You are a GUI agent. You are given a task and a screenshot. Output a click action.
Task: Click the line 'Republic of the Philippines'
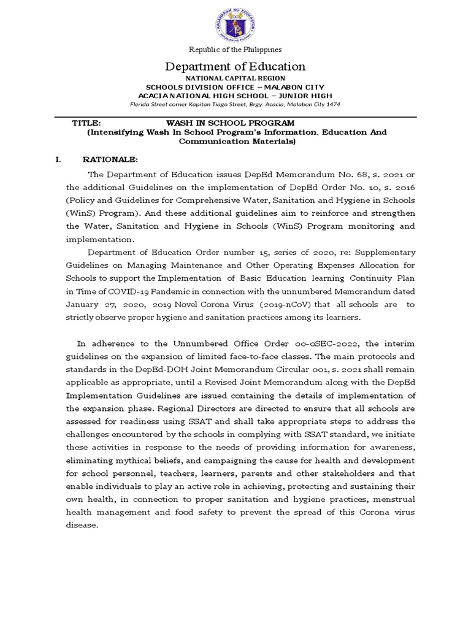[x=235, y=50]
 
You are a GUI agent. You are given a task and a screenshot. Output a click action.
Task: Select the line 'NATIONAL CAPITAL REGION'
[x=236, y=78]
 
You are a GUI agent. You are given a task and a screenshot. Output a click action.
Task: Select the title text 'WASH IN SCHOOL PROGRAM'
[x=236, y=123]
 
